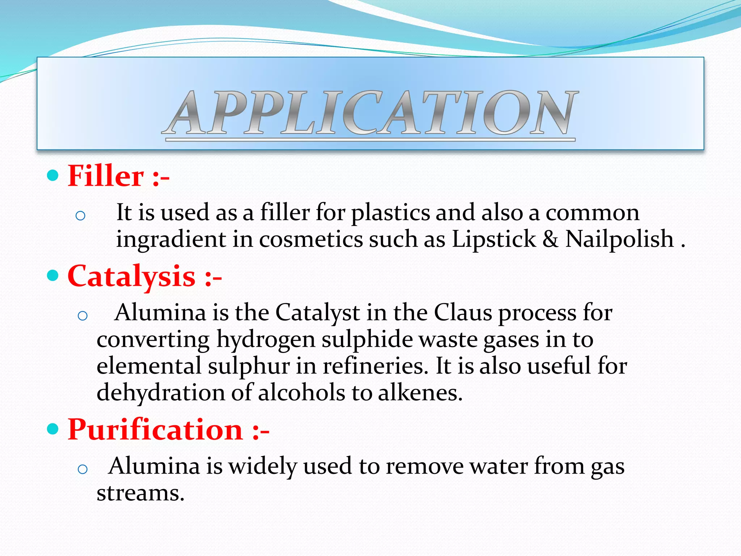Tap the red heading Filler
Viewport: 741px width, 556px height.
pyautogui.click(x=106, y=176)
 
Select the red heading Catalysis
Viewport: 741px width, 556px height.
pyautogui.click(x=131, y=276)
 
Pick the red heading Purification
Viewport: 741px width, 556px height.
pyautogui.click(x=155, y=430)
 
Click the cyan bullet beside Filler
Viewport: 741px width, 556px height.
pyautogui.click(x=53, y=176)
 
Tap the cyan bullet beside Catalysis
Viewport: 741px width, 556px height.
pyautogui.click(x=53, y=276)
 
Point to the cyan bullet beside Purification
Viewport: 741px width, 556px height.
pyautogui.click(x=53, y=429)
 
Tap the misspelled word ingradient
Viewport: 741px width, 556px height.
pyautogui.click(x=170, y=240)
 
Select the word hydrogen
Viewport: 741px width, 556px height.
pyautogui.click(x=266, y=340)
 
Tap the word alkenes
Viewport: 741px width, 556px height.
pyautogui.click(x=420, y=392)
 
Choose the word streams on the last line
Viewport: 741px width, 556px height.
pyautogui.click(x=140, y=493)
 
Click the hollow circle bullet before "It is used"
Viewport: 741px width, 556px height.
pyautogui.click(x=80, y=216)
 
